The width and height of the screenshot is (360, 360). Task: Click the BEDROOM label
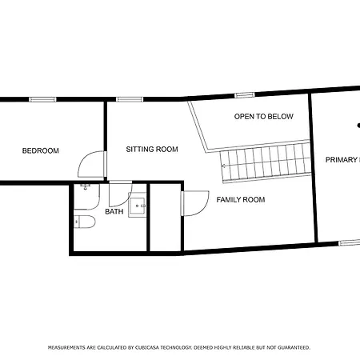[x=40, y=150]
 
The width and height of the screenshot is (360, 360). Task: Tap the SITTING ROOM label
[x=152, y=149]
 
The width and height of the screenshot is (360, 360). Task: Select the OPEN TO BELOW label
[x=263, y=117]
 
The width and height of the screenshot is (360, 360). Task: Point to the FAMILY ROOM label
[x=240, y=199]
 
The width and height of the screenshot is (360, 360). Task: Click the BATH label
[x=114, y=212]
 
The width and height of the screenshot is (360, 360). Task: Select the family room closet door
[x=196, y=204]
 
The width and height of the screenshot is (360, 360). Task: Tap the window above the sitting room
[x=129, y=99]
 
